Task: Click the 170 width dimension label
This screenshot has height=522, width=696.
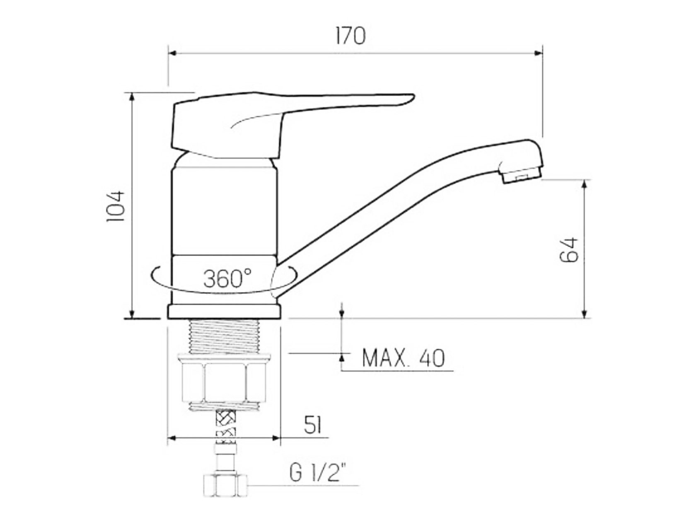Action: pyautogui.click(x=350, y=36)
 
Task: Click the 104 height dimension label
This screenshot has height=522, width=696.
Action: pyautogui.click(x=116, y=206)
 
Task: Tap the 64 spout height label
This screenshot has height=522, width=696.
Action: pyautogui.click(x=569, y=250)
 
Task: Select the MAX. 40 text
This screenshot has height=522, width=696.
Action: pyautogui.click(x=404, y=358)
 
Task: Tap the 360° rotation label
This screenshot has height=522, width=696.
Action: pyautogui.click(x=227, y=278)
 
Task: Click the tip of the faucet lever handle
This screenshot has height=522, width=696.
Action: pyautogui.click(x=413, y=96)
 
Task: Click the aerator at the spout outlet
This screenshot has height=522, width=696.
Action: pyautogui.click(x=520, y=175)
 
